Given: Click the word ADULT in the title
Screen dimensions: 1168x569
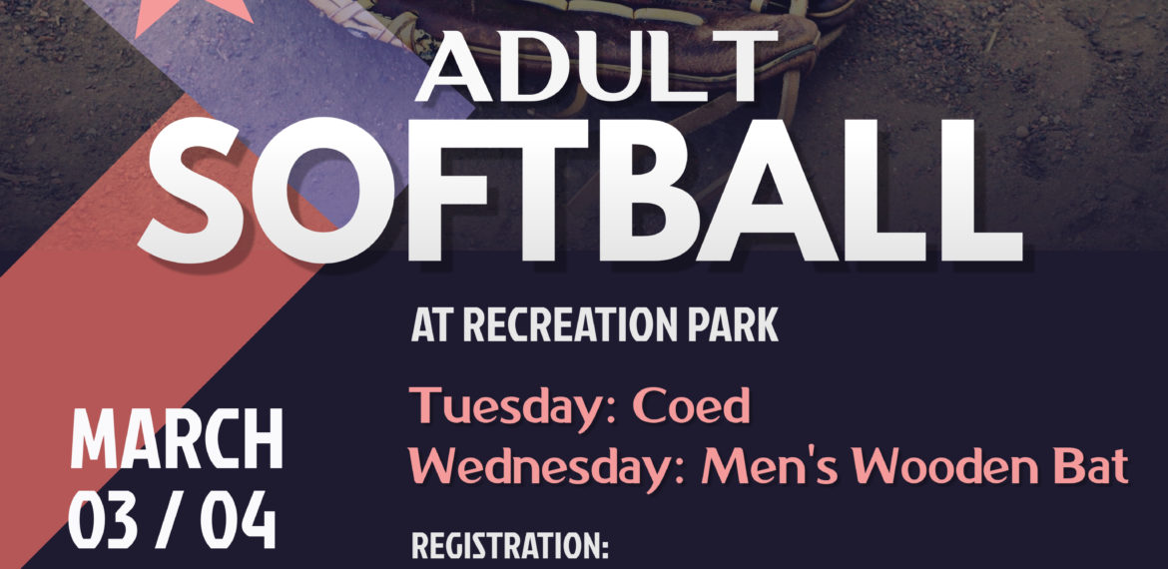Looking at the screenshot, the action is [596, 66].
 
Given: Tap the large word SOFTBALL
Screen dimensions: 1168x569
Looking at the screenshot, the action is [580, 192].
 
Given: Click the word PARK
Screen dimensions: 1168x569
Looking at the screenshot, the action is [732, 325].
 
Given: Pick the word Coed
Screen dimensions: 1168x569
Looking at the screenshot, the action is [691, 405].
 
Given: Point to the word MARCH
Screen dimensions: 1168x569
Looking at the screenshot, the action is [177, 439].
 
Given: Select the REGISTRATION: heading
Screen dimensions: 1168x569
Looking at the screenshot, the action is [510, 546].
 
